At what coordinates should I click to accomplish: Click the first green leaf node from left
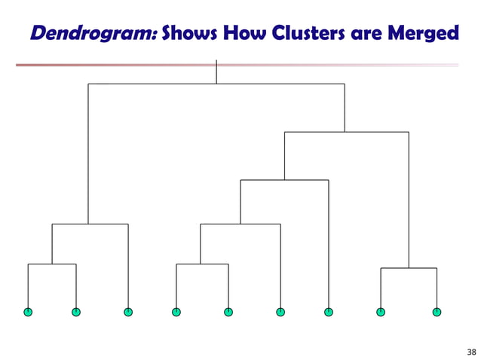coord(28,312)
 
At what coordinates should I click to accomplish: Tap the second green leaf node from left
coord(76,312)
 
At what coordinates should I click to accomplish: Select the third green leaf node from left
coord(128,312)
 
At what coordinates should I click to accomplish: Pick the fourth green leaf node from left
coord(176,312)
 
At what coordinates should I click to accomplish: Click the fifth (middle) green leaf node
coord(228,312)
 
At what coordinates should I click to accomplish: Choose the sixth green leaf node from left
coord(280,312)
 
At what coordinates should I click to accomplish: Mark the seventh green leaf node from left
coord(329,312)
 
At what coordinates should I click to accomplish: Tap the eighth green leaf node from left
coord(381,312)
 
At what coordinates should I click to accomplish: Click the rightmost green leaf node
coord(437,312)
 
